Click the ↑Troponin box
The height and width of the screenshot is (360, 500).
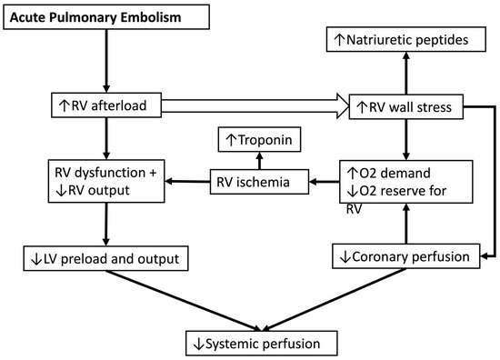coord(261,141)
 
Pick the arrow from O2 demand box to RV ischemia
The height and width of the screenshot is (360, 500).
coord(322,182)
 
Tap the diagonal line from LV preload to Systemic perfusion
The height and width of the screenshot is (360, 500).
coord(182,300)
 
